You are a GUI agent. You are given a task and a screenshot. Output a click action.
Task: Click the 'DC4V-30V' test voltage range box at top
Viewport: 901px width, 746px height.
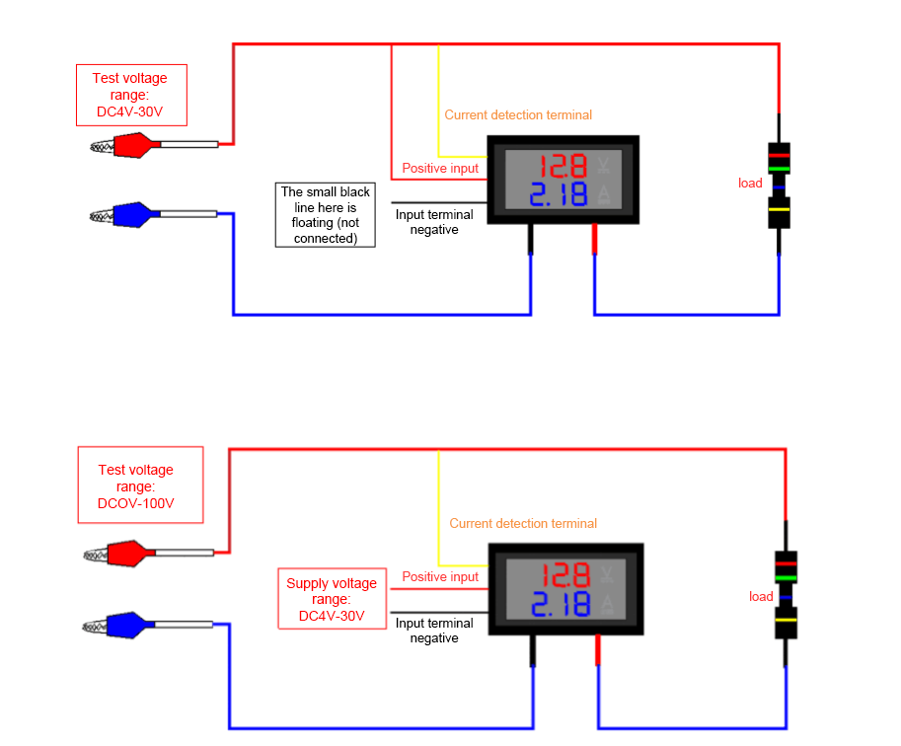point(129,95)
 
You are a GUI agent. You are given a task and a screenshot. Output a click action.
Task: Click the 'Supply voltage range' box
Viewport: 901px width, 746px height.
point(332,600)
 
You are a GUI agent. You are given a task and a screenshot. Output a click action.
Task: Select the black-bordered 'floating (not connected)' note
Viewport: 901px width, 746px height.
point(326,214)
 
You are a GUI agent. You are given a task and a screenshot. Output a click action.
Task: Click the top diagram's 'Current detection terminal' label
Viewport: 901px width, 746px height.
point(518,114)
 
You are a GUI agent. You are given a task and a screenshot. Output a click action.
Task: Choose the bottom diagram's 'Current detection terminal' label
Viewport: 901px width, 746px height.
point(523,523)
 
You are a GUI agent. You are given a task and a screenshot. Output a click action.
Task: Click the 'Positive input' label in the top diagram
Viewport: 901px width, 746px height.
point(440,168)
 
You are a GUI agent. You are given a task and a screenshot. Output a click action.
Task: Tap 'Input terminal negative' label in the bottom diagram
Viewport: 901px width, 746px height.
point(434,631)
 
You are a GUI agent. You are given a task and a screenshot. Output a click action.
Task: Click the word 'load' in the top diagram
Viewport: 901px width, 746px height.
point(750,183)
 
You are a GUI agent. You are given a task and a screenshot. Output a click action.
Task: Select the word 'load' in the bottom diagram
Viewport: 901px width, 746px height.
point(761,596)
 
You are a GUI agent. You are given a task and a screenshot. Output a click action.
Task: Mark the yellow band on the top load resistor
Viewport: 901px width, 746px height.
point(780,209)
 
